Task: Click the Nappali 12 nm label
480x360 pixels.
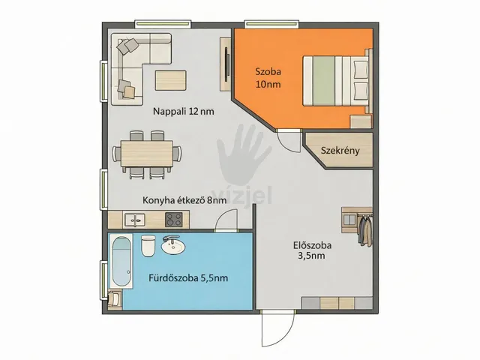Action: click(x=183, y=111)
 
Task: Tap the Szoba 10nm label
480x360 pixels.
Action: click(x=268, y=78)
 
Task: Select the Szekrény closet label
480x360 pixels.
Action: click(x=340, y=151)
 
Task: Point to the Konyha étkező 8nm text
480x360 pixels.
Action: click(x=184, y=200)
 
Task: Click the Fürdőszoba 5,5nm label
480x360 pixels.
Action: click(x=188, y=278)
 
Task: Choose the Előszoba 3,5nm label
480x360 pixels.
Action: click(x=312, y=250)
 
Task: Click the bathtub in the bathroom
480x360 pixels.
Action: click(x=122, y=261)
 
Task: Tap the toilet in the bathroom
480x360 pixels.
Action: click(x=148, y=245)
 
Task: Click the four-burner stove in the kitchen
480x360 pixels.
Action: click(x=174, y=220)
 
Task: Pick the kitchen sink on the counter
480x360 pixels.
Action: click(x=134, y=220)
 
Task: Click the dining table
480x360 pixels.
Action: click(x=147, y=153)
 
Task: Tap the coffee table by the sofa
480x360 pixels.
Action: click(x=170, y=80)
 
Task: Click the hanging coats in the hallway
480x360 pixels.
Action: click(x=365, y=230)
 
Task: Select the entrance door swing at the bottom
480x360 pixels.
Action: click(x=278, y=329)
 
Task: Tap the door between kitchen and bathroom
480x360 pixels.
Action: click(x=226, y=220)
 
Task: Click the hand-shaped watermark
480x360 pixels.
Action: click(x=244, y=154)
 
